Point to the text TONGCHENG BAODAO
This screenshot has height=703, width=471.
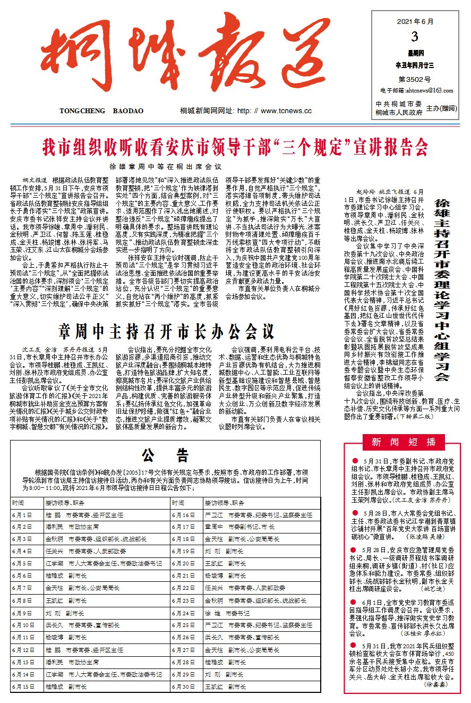tap(102, 111)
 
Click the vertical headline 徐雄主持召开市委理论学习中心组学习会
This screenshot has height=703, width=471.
tap(443, 290)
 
